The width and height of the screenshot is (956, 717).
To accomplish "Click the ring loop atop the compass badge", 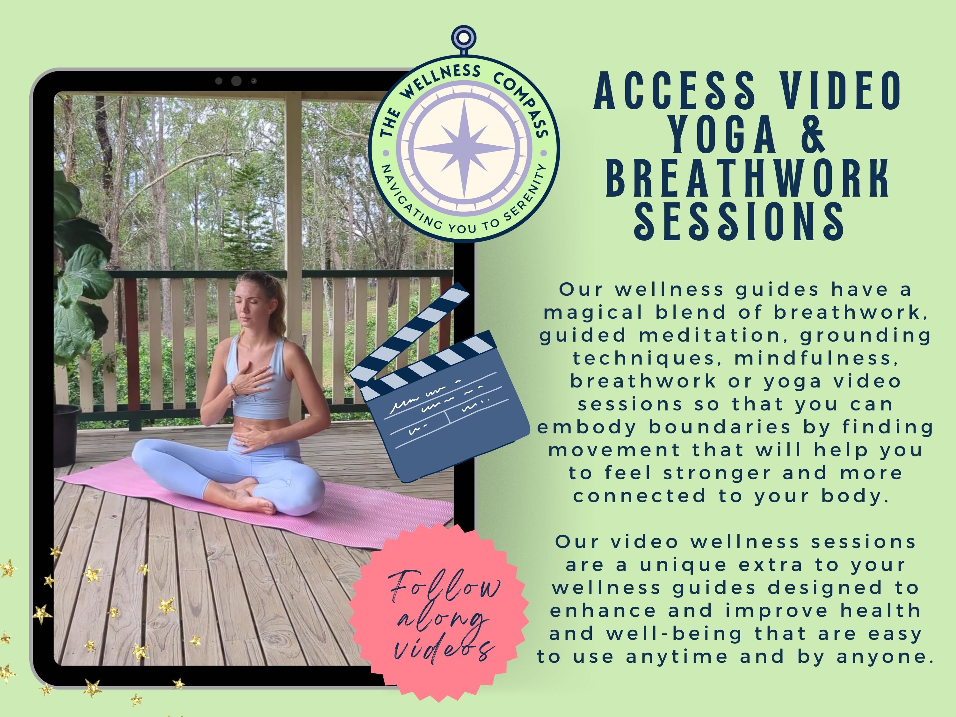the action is tap(463, 38).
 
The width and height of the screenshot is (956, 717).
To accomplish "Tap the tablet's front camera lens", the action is tap(236, 81).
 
